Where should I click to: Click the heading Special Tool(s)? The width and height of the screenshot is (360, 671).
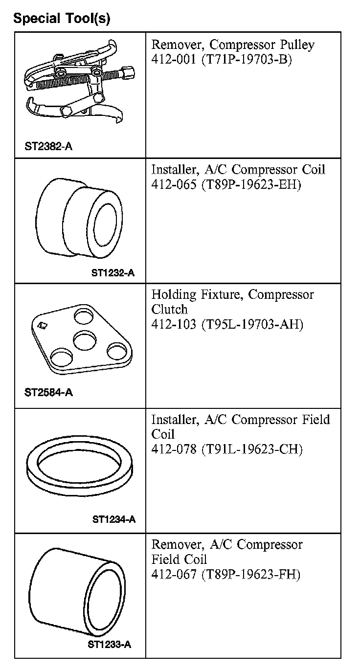coord(62,19)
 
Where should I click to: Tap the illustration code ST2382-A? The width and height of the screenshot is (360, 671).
coord(48,146)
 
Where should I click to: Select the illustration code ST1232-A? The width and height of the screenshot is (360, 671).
coord(112,273)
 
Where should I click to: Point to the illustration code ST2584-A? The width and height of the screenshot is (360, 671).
coord(48,392)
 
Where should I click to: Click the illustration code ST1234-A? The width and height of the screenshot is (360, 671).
coord(113,519)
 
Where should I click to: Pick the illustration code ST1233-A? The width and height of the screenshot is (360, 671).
coord(110,645)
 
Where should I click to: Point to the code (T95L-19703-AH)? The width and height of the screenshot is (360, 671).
coord(252,324)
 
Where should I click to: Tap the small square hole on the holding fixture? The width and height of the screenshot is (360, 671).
coord(42,324)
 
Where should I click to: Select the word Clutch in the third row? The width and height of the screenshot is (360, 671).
coord(169,310)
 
